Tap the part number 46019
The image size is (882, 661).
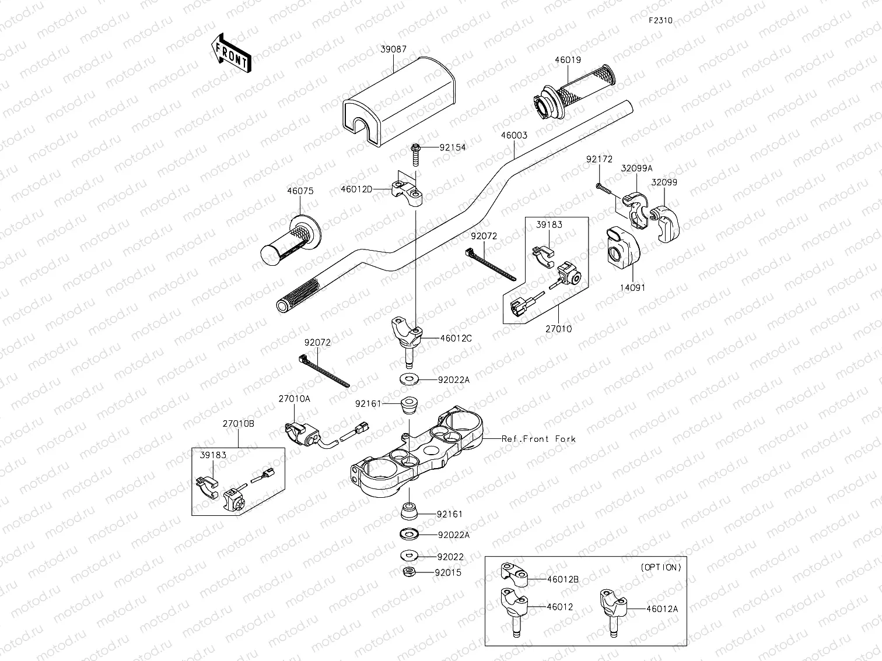pos(568,59)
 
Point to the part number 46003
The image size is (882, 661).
pos(513,135)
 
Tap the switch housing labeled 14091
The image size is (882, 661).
pos(623,247)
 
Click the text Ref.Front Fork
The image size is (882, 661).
pos(538,439)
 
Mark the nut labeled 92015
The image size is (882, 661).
pos(409,572)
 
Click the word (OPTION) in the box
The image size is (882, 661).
pos(660,567)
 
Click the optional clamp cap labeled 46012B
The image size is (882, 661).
pos(514,575)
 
